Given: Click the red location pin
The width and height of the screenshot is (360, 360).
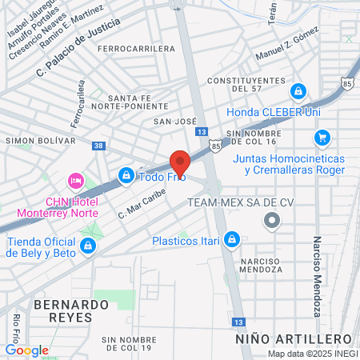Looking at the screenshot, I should [180, 163].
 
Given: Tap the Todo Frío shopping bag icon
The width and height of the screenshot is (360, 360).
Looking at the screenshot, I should [126, 174].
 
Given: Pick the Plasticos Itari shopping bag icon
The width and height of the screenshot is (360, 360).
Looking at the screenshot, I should [231, 239].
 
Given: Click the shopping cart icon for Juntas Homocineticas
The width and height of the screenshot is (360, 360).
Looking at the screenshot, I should [322, 138].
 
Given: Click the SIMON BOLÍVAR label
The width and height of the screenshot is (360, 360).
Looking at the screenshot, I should [40, 140].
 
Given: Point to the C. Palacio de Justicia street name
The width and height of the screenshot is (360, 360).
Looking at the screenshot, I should [78, 49].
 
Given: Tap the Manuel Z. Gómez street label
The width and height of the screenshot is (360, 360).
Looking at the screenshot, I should [286, 48].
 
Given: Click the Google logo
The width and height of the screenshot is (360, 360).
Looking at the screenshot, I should [26, 350].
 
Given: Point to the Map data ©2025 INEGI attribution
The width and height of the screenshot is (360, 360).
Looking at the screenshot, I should [312, 354].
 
